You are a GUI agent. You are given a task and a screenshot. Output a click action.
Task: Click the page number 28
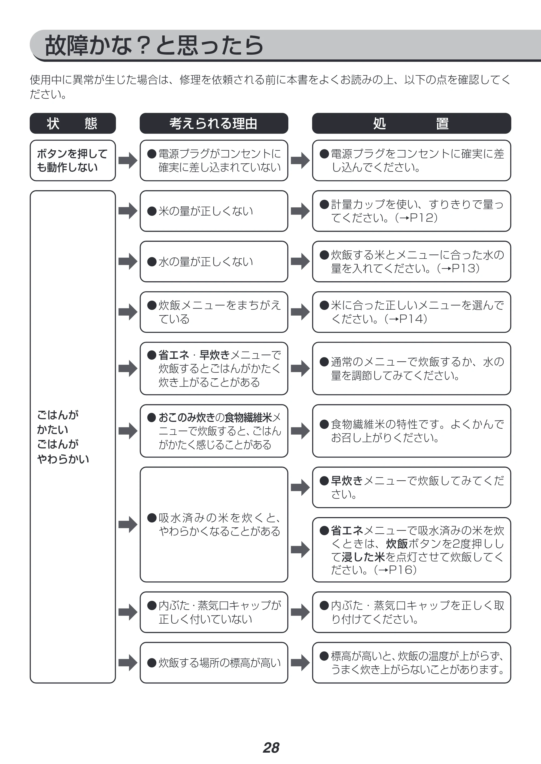click(x=271, y=748)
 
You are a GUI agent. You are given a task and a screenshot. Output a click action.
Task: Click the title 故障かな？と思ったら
click(x=154, y=46)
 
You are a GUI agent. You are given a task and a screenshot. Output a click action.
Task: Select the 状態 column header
click(x=72, y=123)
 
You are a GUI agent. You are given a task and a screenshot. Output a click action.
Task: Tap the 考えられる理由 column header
click(x=214, y=123)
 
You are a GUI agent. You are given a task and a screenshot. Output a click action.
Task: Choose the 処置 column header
click(x=411, y=123)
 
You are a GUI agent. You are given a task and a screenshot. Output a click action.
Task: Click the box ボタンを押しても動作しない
click(x=72, y=161)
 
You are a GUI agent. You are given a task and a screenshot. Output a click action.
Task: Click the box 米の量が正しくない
click(x=214, y=211)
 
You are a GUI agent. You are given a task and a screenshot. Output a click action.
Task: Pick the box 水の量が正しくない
click(x=214, y=262)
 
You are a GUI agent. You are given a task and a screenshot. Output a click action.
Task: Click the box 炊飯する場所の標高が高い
click(x=214, y=663)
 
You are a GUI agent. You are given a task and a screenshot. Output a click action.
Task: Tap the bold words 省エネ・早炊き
click(x=194, y=355)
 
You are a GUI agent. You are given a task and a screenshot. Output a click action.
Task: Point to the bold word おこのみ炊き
click(x=187, y=417)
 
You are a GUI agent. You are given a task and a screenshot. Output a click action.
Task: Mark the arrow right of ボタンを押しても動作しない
click(x=128, y=161)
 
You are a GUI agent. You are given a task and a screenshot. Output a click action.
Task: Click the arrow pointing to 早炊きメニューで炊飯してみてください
click(x=300, y=488)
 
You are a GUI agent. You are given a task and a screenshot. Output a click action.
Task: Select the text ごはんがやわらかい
click(x=63, y=452)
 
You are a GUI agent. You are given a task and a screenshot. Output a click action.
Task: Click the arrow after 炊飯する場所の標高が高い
click(x=300, y=663)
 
